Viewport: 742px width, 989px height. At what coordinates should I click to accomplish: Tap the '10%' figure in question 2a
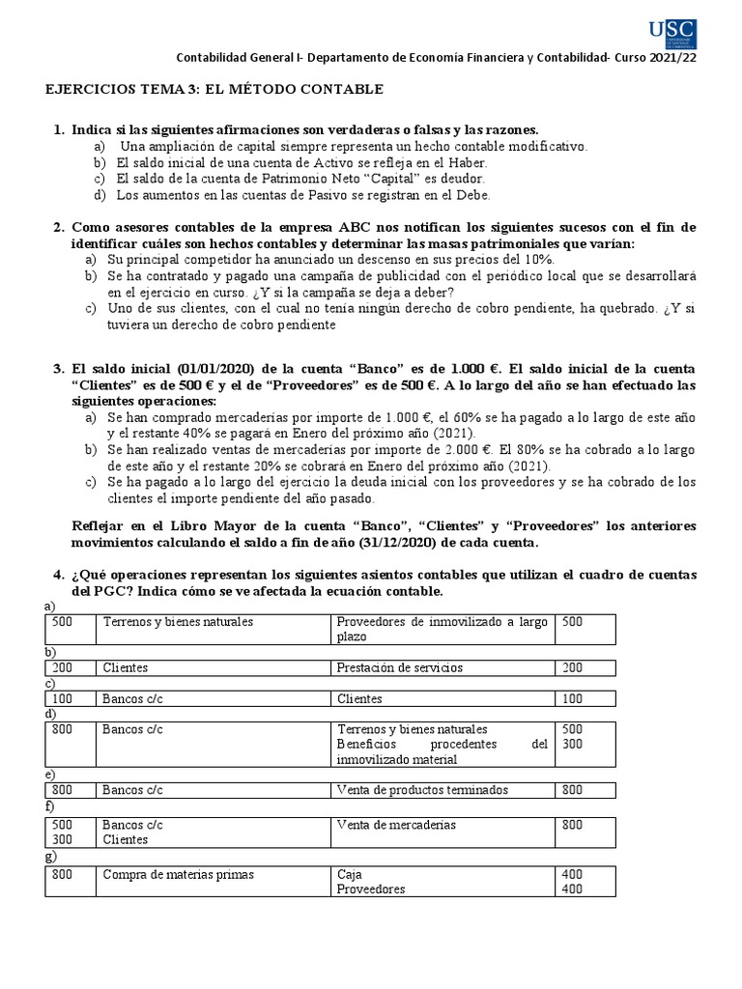pyautogui.click(x=533, y=260)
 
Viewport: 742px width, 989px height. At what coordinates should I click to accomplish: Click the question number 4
pyautogui.click(x=57, y=575)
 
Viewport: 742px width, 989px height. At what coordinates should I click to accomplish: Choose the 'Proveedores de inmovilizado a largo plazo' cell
pyautogui.click(x=442, y=629)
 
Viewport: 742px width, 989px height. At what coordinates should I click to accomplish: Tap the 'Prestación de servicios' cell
pyautogui.click(x=399, y=667)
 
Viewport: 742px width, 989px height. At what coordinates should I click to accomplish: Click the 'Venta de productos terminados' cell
pyautogui.click(x=421, y=790)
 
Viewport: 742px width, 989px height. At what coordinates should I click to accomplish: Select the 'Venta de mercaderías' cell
pyautogui.click(x=396, y=826)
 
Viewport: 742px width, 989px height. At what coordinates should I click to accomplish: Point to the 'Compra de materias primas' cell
pyautogui.click(x=179, y=875)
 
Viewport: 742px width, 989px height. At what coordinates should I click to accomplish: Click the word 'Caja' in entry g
pyautogui.click(x=349, y=875)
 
